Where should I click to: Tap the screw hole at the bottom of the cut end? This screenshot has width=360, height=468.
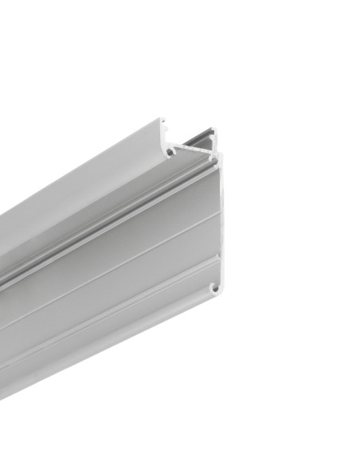coord(212,287)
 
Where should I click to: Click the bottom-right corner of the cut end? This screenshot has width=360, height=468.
coord(217,295)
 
